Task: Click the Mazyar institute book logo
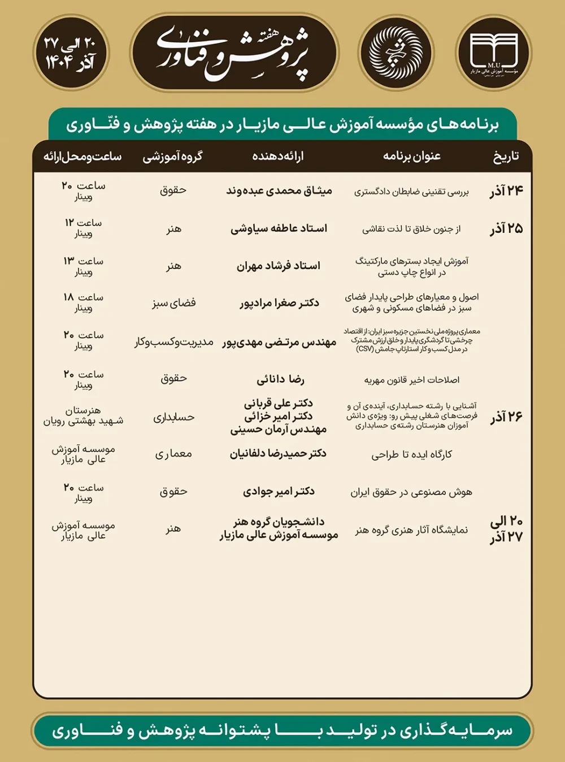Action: [x=493, y=53]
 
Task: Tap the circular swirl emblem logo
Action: [x=395, y=53]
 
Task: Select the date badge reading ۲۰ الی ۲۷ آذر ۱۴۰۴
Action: [x=71, y=53]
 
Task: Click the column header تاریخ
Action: [x=506, y=156]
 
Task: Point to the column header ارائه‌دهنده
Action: [x=278, y=156]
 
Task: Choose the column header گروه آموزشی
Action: [x=172, y=157]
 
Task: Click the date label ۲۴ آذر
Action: [x=506, y=191]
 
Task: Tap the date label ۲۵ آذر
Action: [x=506, y=228]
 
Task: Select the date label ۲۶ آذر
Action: [x=506, y=417]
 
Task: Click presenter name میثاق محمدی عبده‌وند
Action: [x=279, y=191]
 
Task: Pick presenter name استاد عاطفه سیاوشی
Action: [x=279, y=228]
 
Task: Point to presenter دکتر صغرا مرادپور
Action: [x=279, y=303]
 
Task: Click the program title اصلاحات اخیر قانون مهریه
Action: [x=412, y=380]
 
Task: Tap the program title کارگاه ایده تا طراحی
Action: [x=412, y=454]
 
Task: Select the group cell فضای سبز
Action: [x=173, y=303]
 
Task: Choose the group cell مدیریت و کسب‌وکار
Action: [x=173, y=342]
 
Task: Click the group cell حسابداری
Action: [x=173, y=417]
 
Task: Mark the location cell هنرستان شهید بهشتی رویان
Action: [x=83, y=415]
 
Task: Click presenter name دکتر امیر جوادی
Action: [x=279, y=491]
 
